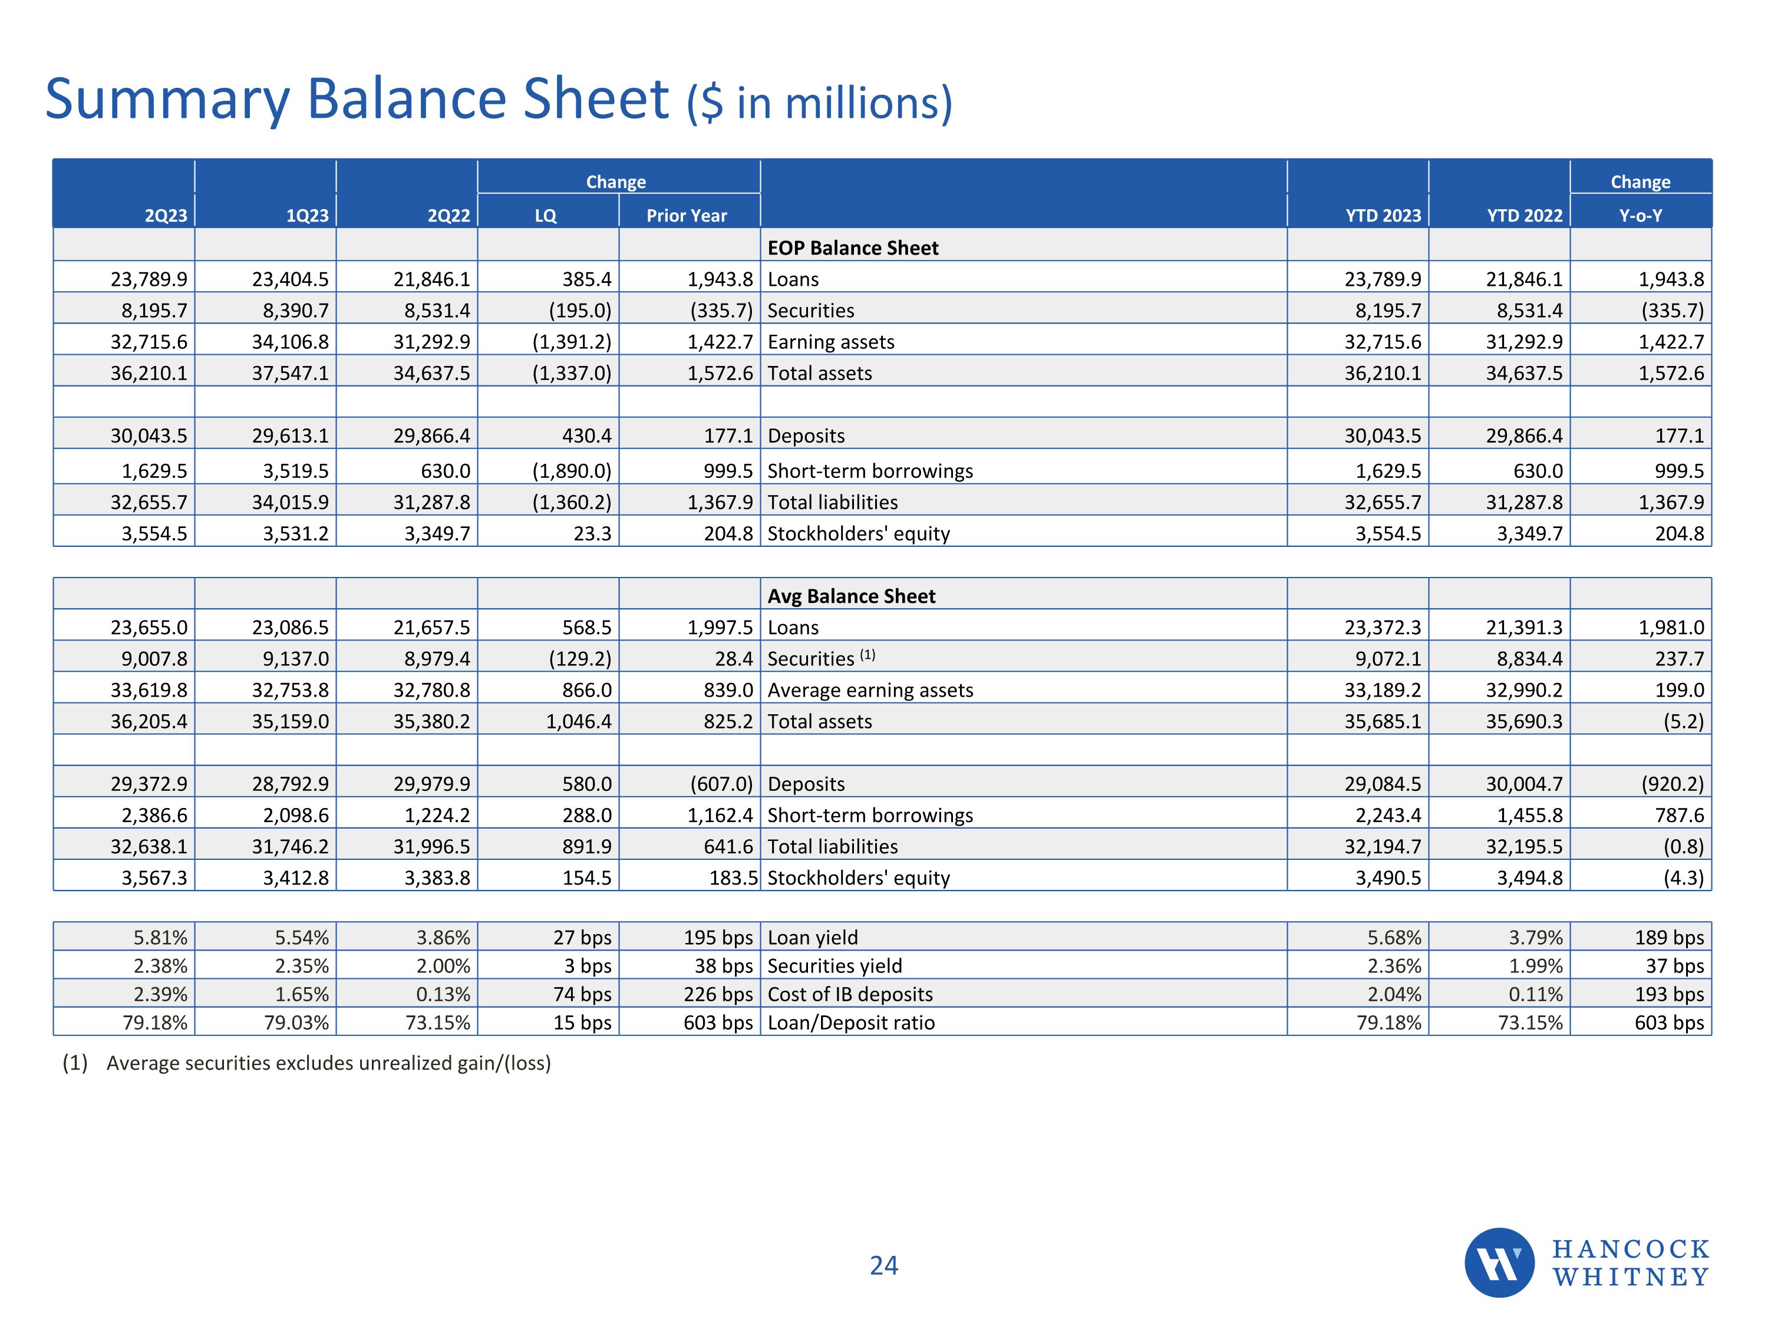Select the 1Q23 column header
click(x=307, y=216)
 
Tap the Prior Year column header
click(x=687, y=216)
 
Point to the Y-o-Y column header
click(x=1640, y=216)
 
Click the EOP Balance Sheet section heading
click(x=853, y=248)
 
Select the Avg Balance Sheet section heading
click(x=851, y=596)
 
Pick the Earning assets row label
click(x=830, y=342)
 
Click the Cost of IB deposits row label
click(x=850, y=994)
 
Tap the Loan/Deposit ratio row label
click(x=850, y=1022)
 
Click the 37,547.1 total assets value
click(x=290, y=373)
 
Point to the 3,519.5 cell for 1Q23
click(x=296, y=471)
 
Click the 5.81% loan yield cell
click(x=160, y=938)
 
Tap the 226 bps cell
click(x=718, y=994)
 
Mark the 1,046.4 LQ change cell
click(x=579, y=722)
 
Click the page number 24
click(x=884, y=1265)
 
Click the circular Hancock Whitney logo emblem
click(x=1499, y=1263)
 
